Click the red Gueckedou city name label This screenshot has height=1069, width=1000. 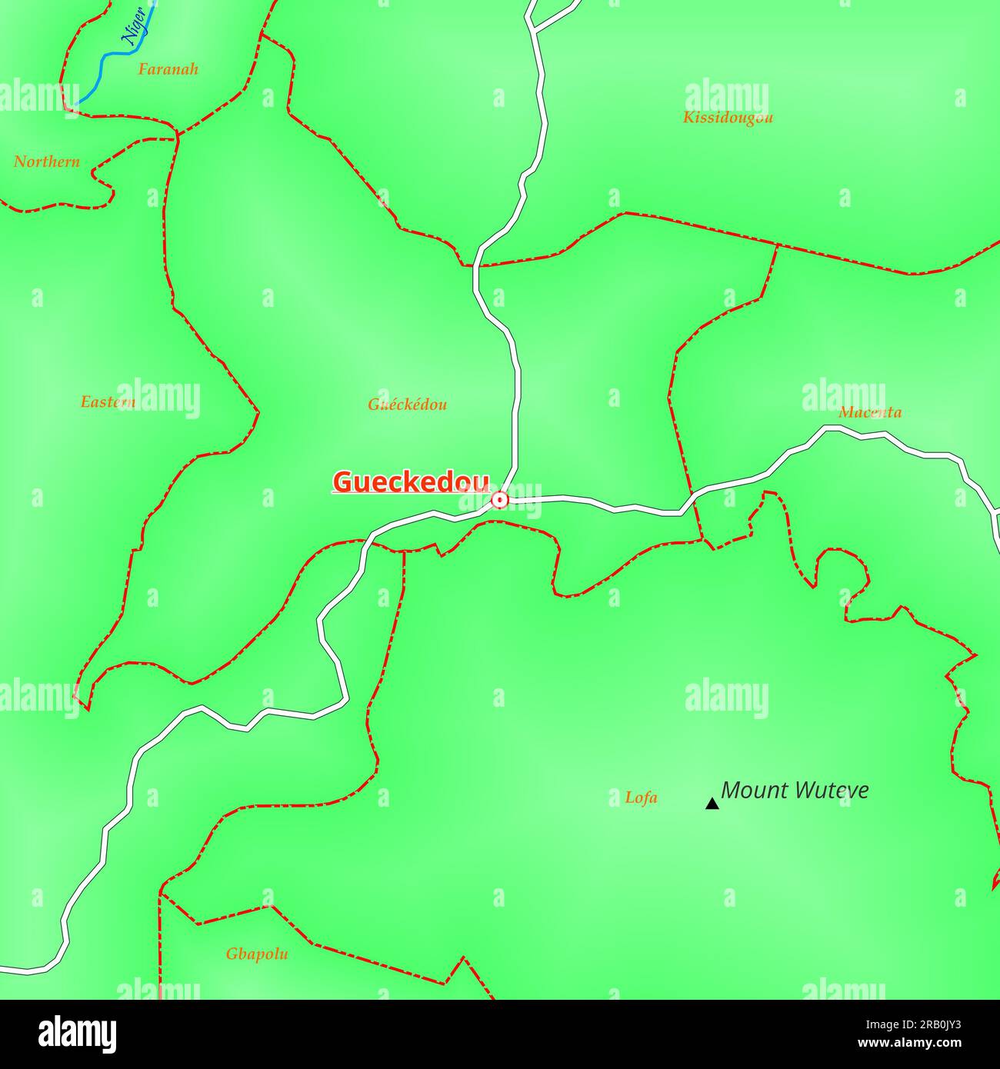point(411,482)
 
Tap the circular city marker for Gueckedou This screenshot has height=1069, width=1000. point(500,501)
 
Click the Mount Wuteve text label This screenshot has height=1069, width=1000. point(795,791)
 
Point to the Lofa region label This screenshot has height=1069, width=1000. point(641,798)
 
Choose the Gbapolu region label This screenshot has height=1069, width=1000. point(257,954)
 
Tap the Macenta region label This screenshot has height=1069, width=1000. point(870,412)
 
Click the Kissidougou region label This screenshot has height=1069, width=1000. point(728,118)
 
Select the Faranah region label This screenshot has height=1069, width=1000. point(168,69)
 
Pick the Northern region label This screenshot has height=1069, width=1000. point(47,162)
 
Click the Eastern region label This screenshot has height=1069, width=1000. point(108,402)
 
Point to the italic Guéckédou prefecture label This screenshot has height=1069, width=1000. point(407,405)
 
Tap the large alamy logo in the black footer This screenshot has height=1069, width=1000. point(78,1033)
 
